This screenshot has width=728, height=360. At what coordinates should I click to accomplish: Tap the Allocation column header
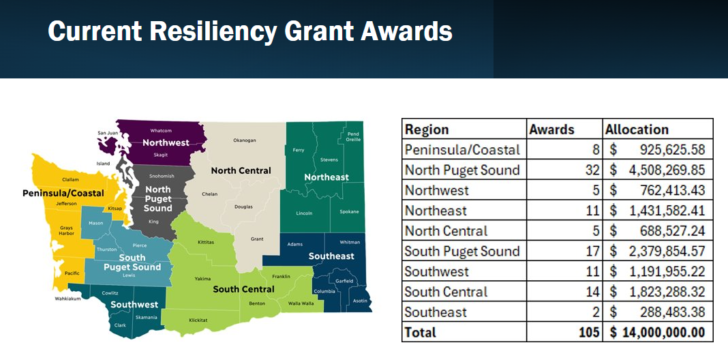(637, 129)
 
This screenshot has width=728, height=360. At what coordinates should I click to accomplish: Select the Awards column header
(551, 129)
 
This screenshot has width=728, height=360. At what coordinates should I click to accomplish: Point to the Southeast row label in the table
(436, 312)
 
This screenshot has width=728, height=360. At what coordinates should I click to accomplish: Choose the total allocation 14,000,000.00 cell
(657, 332)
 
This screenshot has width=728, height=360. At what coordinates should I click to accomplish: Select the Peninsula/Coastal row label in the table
(462, 150)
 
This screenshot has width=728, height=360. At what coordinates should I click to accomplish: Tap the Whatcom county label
(161, 130)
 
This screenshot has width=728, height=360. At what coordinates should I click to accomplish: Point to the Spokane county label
(349, 212)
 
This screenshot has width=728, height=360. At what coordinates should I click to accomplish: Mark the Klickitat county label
(198, 320)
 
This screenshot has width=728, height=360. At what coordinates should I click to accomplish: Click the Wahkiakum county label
(67, 299)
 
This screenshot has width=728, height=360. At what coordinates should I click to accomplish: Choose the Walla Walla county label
(301, 304)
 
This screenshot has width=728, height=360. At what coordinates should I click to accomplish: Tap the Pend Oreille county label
(353, 136)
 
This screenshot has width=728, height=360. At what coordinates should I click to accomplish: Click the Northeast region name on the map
(327, 177)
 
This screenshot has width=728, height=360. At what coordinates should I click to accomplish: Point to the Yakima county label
(203, 279)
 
